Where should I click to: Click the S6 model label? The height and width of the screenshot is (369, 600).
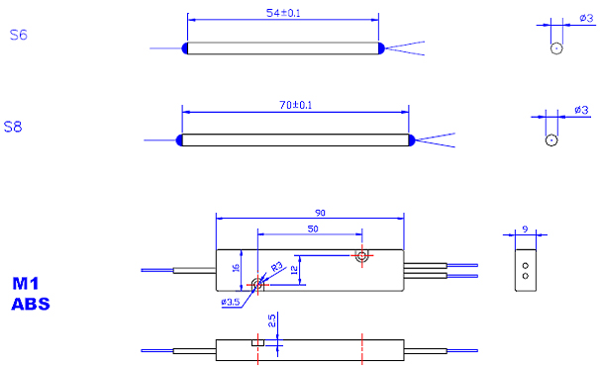tap(19, 36)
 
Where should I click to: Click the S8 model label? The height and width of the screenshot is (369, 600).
tap(13, 127)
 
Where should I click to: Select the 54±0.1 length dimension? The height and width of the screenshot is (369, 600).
tap(283, 13)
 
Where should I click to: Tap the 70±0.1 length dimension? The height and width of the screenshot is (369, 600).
tap(295, 105)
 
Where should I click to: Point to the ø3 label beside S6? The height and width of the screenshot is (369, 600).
tap(586, 18)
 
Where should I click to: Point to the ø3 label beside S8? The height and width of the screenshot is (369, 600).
tap(581, 110)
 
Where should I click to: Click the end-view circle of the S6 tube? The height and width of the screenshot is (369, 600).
tap(556, 48)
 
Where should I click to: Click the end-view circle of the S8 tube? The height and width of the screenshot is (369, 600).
tap(551, 139)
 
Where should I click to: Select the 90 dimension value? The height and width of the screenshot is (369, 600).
tap(320, 213)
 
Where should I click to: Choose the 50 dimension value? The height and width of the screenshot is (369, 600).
tap(313, 229)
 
